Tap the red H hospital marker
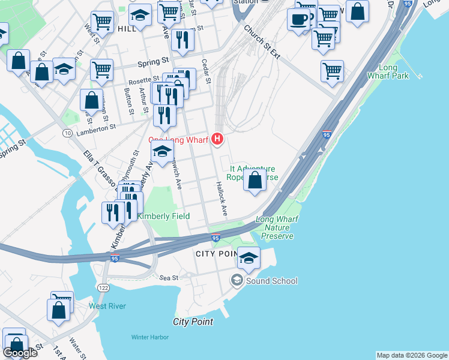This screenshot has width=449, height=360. [x=217, y=140]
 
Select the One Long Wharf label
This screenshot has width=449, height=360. [x=178, y=140]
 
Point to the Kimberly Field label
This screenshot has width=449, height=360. [x=163, y=216]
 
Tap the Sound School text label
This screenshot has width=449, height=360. [x=271, y=281]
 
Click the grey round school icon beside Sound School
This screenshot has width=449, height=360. [x=238, y=280]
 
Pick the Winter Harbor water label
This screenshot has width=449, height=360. [x=150, y=337]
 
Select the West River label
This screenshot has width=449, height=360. [x=107, y=306]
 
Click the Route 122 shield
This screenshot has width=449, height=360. [x=103, y=287]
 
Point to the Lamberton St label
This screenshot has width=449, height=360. [x=95, y=128]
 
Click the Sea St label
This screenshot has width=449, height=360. [x=170, y=278]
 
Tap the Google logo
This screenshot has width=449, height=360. [x=20, y=352]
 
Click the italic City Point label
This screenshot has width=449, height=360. [x=193, y=322]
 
